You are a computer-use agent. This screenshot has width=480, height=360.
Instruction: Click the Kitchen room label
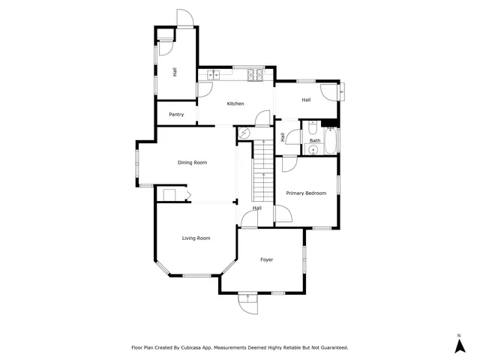click(235, 103)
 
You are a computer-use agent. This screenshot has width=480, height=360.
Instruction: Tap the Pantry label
click(176, 115)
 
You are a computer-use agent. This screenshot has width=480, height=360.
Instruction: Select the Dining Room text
click(192, 162)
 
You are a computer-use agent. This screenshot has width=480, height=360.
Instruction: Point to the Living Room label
click(196, 238)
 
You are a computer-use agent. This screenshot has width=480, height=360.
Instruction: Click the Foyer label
click(266, 260)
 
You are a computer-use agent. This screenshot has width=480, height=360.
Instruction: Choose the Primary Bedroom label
click(306, 193)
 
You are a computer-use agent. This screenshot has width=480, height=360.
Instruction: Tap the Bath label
click(315, 141)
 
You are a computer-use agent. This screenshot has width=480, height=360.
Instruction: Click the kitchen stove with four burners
click(255, 74)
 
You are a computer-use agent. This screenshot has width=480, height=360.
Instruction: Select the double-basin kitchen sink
click(213, 74)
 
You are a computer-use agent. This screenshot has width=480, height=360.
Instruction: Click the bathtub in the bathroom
click(332, 141)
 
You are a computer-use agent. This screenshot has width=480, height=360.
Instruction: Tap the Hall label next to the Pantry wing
click(175, 72)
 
